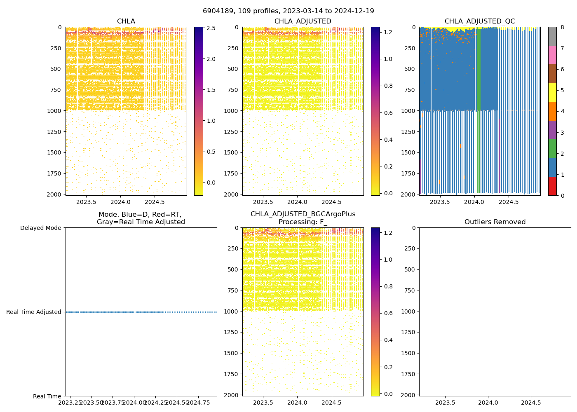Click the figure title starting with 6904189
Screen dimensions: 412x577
pos(288,11)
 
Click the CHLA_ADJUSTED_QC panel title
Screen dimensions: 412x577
pos(479,21)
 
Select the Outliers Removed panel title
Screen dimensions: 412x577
pos(495,222)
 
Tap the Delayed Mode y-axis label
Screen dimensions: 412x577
pos(40,228)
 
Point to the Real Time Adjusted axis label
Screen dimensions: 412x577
pos(34,312)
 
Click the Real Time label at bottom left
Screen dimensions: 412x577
pos(47,396)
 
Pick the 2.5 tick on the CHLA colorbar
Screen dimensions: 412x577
pos(211,28)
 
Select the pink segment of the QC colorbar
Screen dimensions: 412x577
pos(552,55)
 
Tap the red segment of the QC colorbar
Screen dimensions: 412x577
pos(552,186)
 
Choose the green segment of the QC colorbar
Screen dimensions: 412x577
pos(552,149)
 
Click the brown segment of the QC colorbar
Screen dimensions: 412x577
pos(552,74)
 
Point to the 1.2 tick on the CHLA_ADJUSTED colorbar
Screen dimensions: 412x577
pos(388,32)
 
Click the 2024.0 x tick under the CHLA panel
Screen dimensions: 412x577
pos(120,202)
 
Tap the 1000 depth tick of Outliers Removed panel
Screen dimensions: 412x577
pos(409,311)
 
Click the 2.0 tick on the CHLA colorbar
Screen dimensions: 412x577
pos(211,59)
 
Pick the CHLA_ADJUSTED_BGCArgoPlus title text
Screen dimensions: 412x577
pos(303,214)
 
